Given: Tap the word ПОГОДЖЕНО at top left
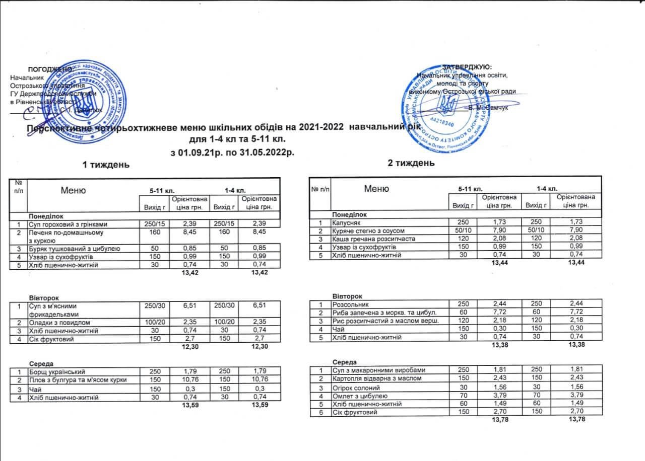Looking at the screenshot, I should [x=50, y=69].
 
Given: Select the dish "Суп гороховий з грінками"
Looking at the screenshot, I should [x=68, y=224].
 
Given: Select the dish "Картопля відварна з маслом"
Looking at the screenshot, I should [x=373, y=378].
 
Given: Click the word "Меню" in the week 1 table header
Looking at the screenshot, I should [x=73, y=190].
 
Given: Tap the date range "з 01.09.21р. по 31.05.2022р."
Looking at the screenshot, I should [x=232, y=152].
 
